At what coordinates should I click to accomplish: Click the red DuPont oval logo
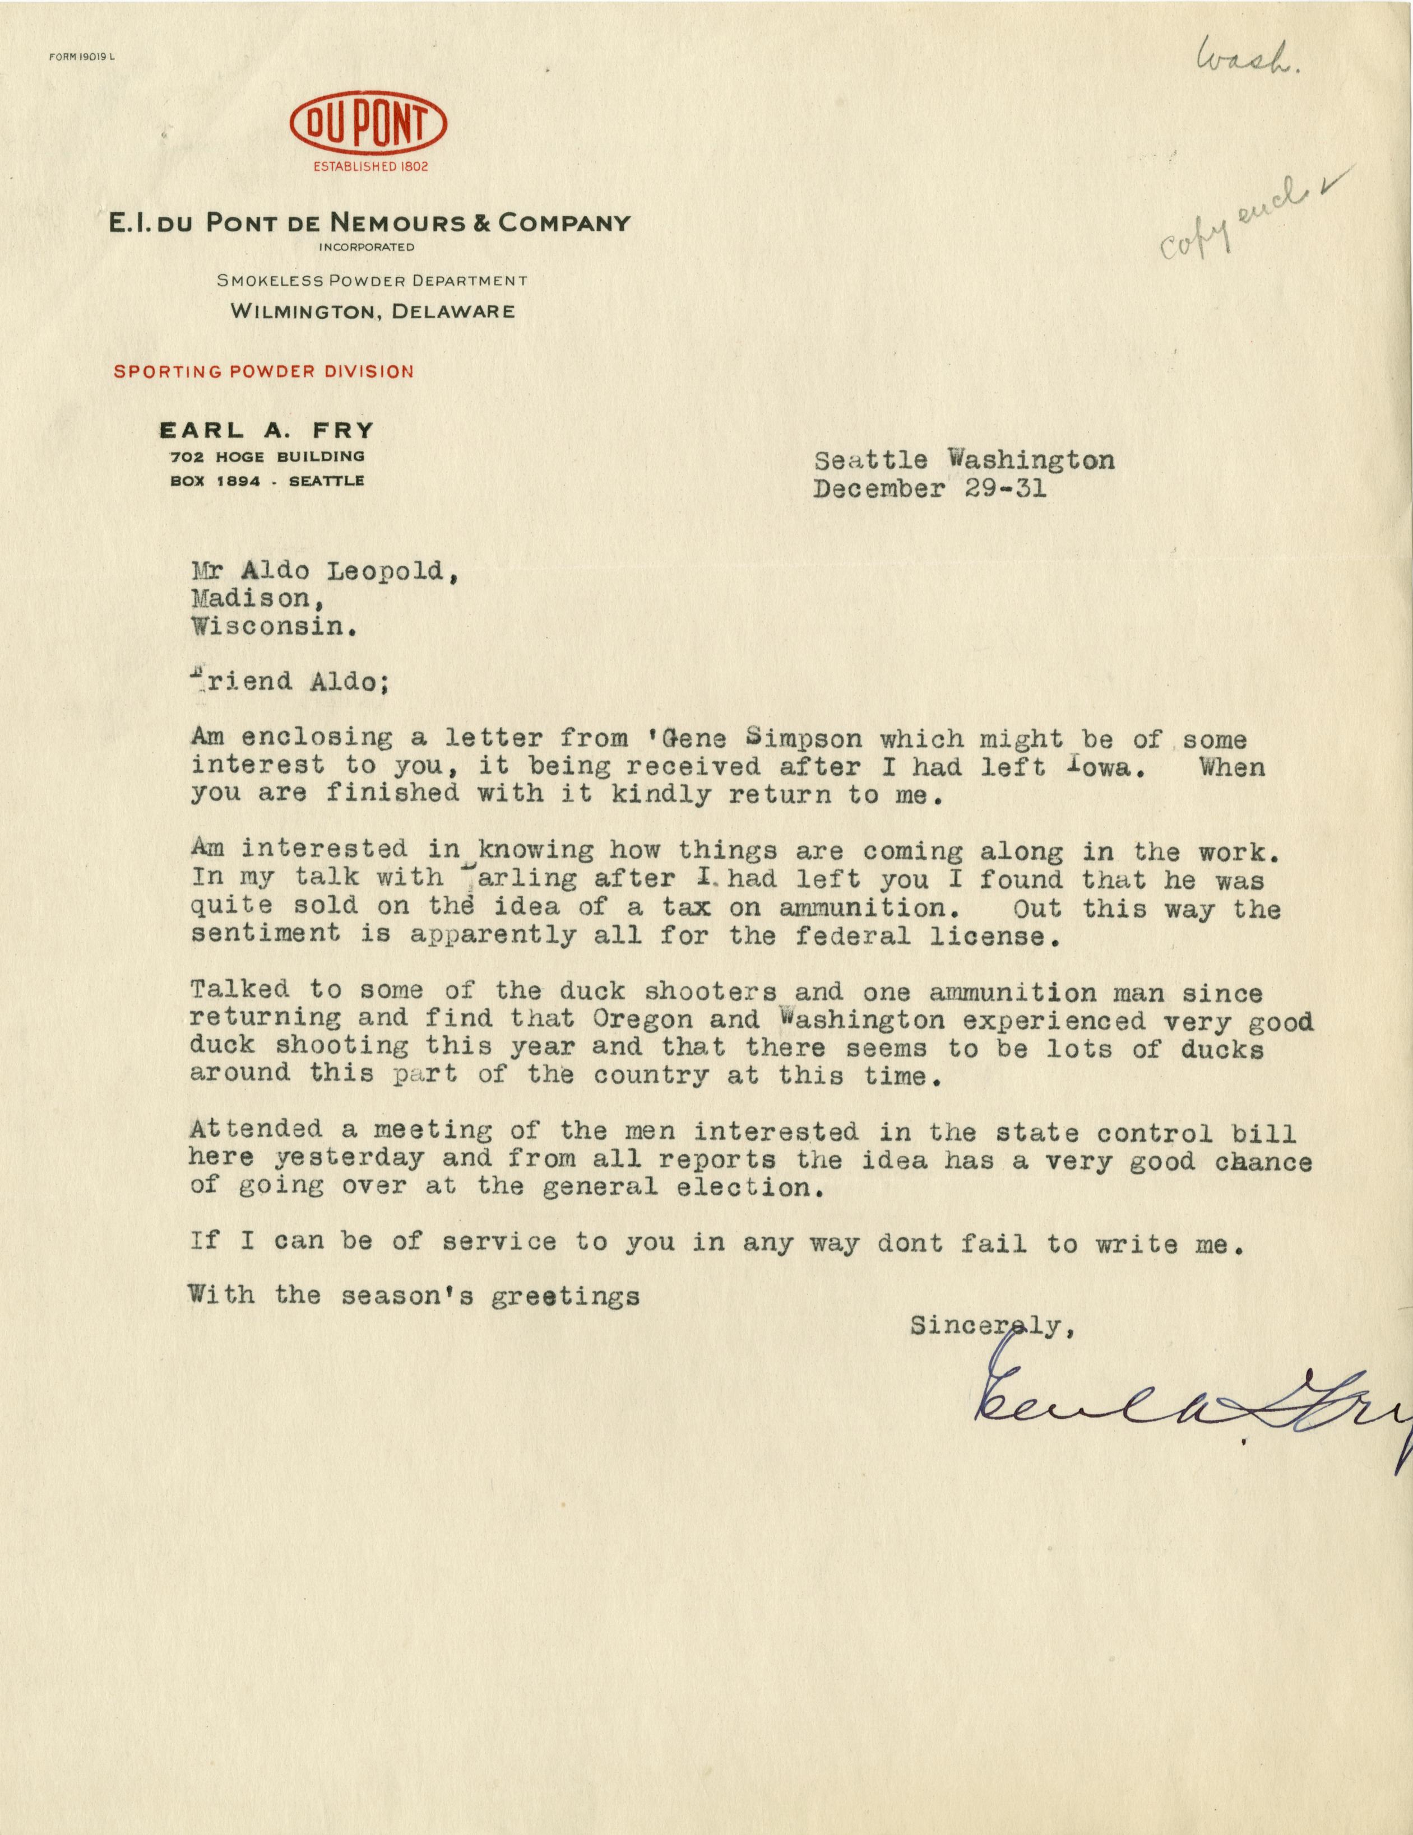[368, 126]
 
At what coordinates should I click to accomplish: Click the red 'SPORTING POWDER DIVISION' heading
[264, 371]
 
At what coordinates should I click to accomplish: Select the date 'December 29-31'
[930, 489]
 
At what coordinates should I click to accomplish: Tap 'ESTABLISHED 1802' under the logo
[370, 166]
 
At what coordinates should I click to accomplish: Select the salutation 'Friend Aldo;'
[290, 681]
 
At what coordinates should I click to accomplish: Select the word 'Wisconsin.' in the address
[269, 627]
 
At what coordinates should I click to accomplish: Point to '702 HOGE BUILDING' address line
[266, 456]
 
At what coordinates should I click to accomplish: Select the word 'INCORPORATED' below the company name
[367, 247]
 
